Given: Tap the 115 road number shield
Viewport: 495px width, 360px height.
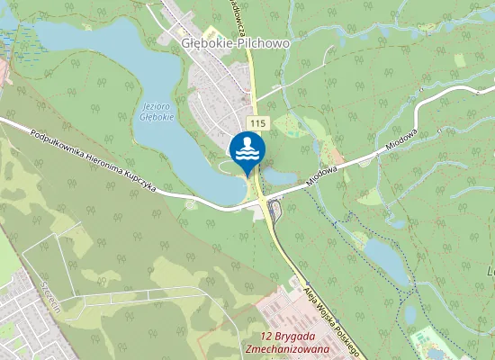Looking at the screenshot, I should [x=257, y=122].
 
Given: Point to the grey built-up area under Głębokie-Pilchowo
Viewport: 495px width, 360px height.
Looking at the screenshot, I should [x=216, y=90].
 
